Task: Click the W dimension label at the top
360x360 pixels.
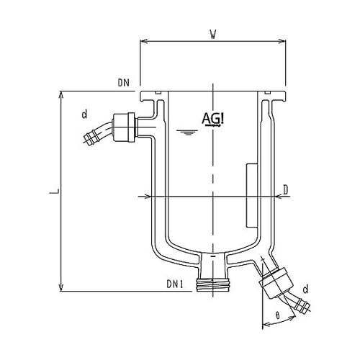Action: coord(212,35)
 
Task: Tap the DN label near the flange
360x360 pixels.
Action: coord(124,83)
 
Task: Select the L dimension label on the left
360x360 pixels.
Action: coord(54,192)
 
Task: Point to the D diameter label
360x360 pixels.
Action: coord(285,190)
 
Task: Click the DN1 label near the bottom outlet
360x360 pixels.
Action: coord(175,284)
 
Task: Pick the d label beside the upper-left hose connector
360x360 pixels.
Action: coord(84,114)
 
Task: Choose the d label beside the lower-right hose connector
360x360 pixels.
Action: coord(305,289)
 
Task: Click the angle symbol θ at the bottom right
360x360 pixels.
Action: coord(277,315)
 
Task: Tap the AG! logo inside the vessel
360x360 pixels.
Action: coord(212,119)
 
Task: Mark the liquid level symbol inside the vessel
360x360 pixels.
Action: coord(187,132)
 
